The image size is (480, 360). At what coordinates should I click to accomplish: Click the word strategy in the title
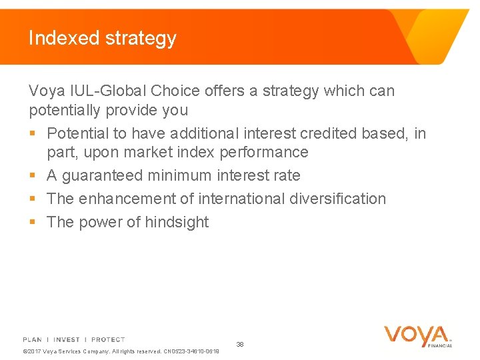coord(141,39)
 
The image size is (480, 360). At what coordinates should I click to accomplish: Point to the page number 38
coord(240,344)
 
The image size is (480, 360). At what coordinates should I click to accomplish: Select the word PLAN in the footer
coord(32,339)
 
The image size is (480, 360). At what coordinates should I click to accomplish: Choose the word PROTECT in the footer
coord(108,339)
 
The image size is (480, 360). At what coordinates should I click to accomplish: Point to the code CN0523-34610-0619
coord(191,351)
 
